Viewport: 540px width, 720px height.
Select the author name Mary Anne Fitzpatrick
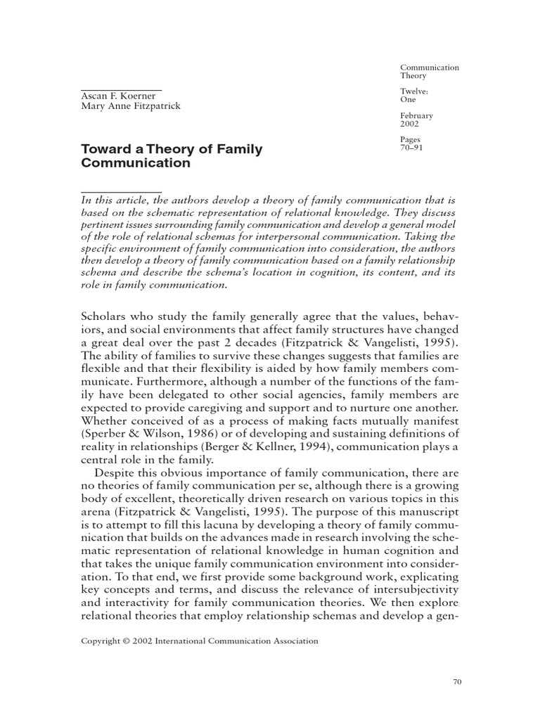pyautogui.click(x=131, y=107)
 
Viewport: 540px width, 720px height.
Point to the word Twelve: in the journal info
pyautogui.click(x=416, y=91)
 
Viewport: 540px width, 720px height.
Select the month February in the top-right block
pyautogui.click(x=417, y=115)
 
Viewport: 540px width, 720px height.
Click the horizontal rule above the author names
pyautogui.click(x=122, y=90)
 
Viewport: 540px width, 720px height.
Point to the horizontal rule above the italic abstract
pyautogui.click(x=122, y=191)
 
